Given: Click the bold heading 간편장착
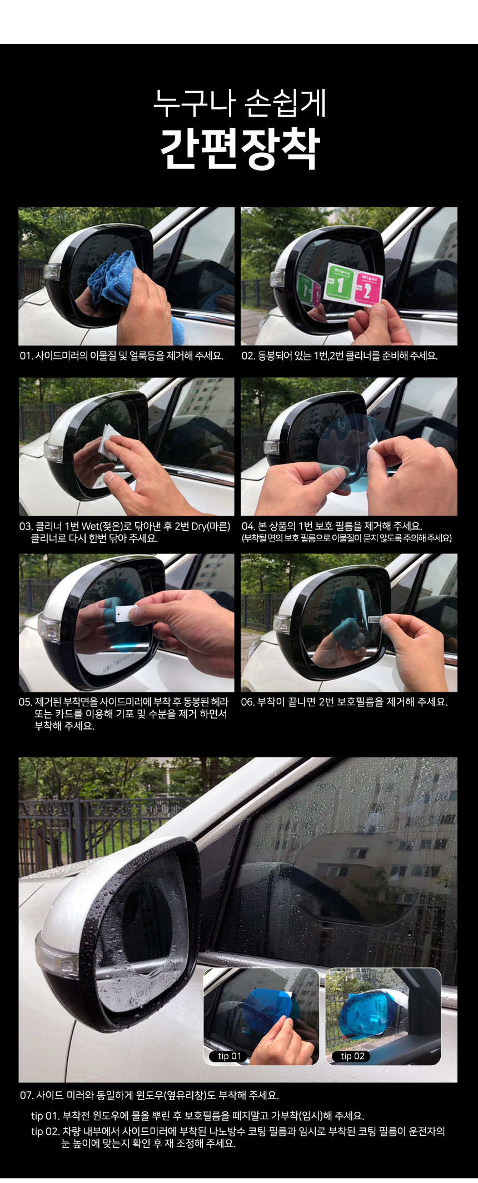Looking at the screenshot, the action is pos(240,148).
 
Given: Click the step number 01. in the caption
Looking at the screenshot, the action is pos(27,356).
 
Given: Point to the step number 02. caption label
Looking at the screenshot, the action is pos(248,356).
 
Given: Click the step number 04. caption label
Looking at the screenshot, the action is pos(248,526).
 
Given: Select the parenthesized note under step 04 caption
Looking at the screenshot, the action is pos(346,538).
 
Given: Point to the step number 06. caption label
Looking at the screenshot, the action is pos(248,702).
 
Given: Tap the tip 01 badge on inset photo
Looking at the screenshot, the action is pos(229,1056).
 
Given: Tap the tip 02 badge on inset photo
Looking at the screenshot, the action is pos(352,1056).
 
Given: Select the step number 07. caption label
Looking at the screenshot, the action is pos(27,1095).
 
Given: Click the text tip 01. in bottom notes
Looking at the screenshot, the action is pos(45,1116).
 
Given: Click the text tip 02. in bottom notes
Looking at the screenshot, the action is pos(45,1131).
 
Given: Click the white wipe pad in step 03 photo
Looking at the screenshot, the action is pos(108,442).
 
